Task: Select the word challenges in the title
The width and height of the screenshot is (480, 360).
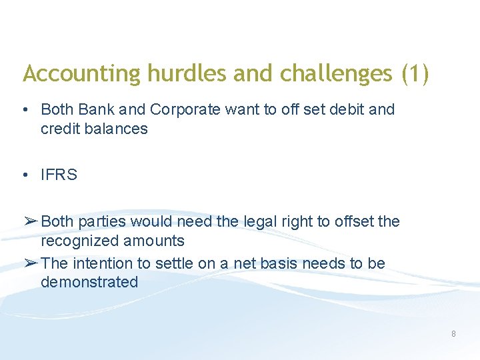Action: click(336, 74)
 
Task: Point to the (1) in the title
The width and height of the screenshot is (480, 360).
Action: click(415, 74)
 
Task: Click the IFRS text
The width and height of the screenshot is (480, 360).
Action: click(59, 175)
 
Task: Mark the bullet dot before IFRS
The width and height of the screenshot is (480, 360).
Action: click(24, 175)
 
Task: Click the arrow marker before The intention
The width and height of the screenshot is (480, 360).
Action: click(30, 263)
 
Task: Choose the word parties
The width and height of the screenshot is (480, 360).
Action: click(104, 221)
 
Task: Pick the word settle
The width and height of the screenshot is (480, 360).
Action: click(174, 263)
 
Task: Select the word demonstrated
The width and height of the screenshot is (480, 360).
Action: click(89, 282)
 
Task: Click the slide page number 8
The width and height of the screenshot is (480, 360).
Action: click(453, 333)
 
